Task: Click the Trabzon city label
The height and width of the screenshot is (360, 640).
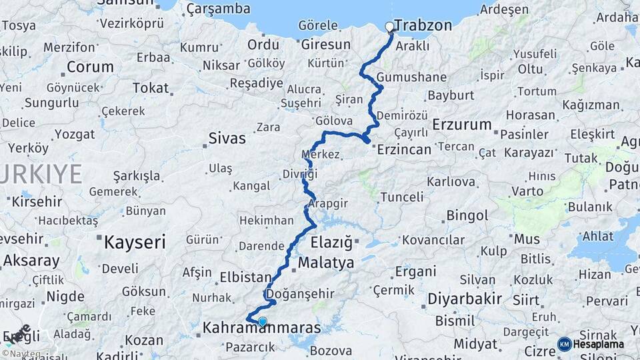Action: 423,25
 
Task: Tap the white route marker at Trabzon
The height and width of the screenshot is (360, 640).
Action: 390,27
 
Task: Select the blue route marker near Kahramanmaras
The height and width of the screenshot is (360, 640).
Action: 263,322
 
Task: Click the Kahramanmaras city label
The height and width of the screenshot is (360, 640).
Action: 261,329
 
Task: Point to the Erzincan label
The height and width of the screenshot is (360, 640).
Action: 404,149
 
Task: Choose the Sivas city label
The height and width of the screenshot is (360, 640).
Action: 227,139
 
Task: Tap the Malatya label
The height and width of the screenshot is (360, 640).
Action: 326,263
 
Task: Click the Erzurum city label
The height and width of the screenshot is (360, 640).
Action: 462,124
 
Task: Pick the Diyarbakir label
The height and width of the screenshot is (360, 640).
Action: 464,298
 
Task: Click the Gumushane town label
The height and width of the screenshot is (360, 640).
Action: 411,77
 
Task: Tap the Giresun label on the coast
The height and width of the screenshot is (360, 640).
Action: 326,45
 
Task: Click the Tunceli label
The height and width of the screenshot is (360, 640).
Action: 402,197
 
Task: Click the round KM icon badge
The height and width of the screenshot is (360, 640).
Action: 565,344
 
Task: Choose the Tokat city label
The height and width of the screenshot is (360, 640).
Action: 151,87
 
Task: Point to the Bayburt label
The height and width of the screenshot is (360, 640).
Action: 450,95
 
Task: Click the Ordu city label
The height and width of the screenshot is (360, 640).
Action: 263,45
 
